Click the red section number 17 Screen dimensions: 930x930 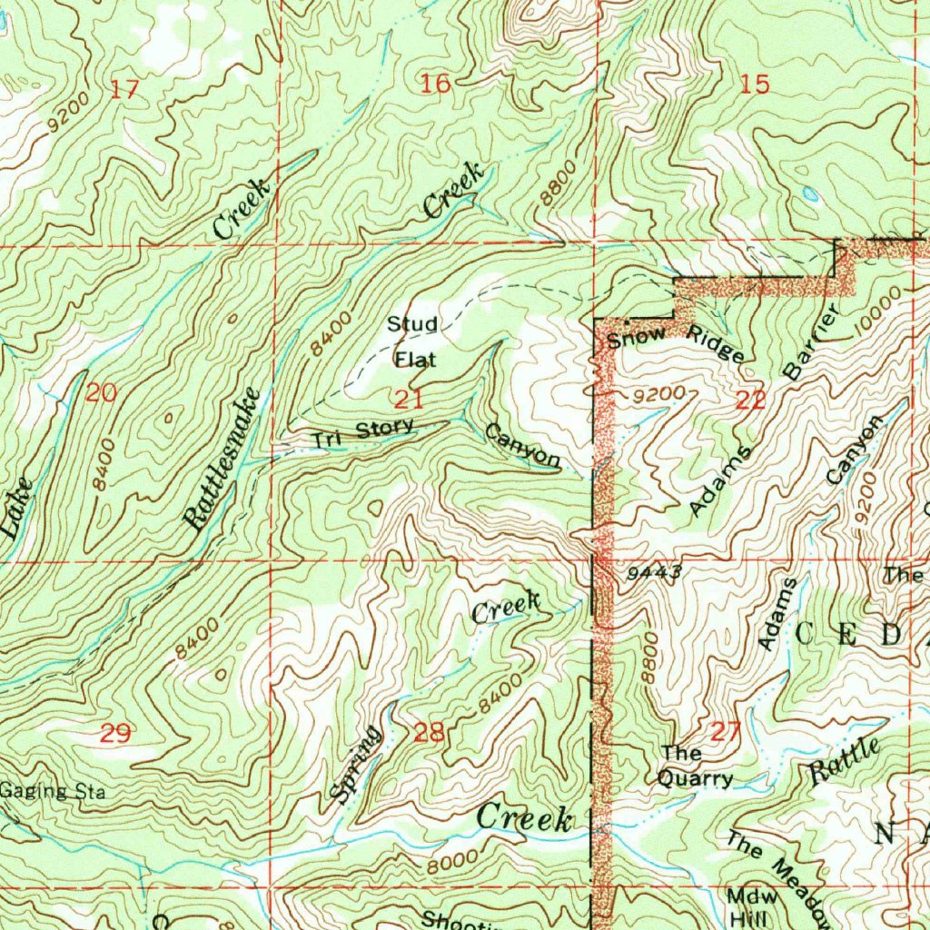click(x=125, y=90)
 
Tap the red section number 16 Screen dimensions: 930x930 click(x=436, y=84)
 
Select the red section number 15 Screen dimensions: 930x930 click(x=755, y=84)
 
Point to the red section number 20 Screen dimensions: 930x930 click(x=102, y=393)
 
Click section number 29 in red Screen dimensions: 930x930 click(x=115, y=733)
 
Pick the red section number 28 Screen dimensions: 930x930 click(x=430, y=732)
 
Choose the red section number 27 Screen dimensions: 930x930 click(x=727, y=732)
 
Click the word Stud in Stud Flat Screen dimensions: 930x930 click(x=412, y=324)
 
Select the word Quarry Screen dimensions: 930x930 click(x=695, y=778)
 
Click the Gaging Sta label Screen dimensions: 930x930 click(x=53, y=792)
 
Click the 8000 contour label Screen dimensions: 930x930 click(x=451, y=860)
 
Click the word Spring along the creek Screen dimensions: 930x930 click(x=354, y=765)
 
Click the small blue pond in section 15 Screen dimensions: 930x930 click(x=808, y=193)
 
